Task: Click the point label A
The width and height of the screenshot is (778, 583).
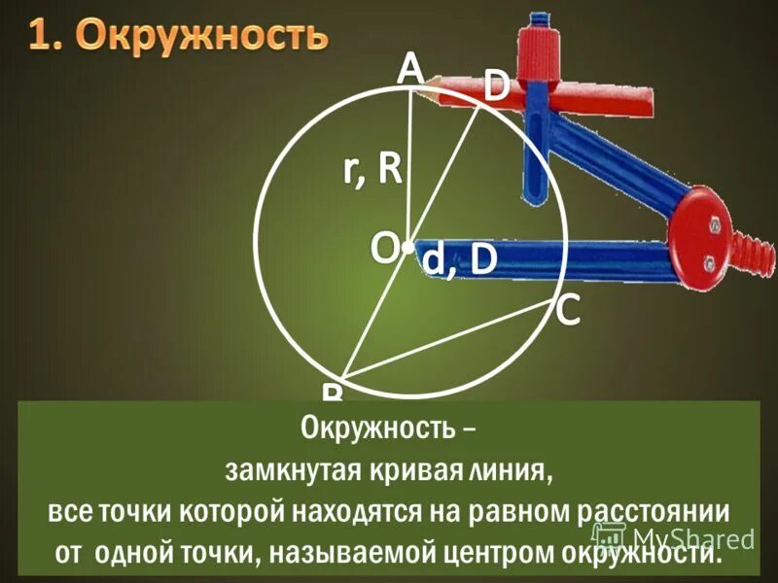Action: (x=409, y=67)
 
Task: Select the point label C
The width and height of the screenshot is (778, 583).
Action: (x=568, y=311)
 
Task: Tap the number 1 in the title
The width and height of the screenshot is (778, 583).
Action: (x=41, y=36)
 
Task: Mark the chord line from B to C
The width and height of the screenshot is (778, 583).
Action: (x=447, y=340)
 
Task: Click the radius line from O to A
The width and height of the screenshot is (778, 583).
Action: (x=408, y=165)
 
